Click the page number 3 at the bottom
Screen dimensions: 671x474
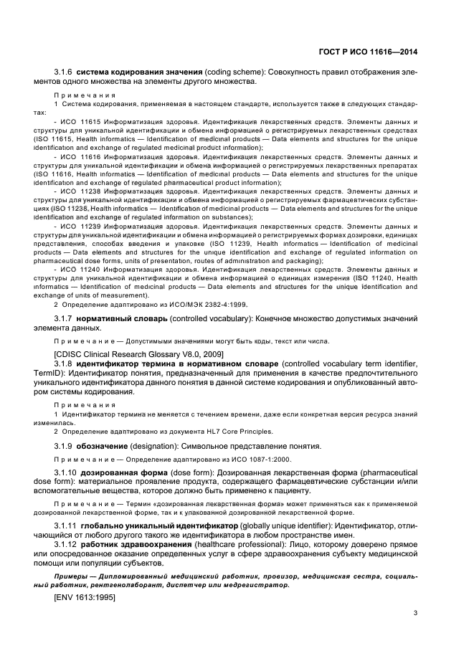point(415,612)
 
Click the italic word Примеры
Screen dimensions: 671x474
point(73,576)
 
